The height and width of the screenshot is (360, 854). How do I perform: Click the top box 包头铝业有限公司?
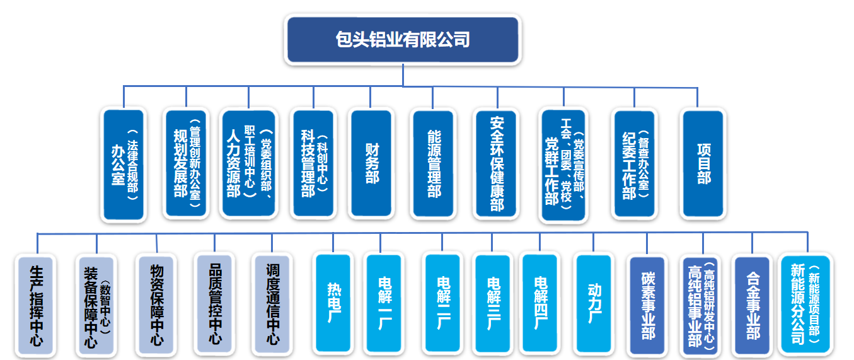click(x=403, y=40)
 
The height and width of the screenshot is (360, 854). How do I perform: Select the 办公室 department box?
click(x=124, y=165)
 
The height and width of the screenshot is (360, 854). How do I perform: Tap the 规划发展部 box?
click(x=186, y=165)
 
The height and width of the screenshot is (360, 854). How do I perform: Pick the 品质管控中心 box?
click(x=215, y=303)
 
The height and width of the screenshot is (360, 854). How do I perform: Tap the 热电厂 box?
click(x=333, y=303)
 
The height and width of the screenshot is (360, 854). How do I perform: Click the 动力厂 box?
click(x=593, y=303)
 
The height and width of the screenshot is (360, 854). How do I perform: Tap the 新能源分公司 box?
click(x=804, y=304)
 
